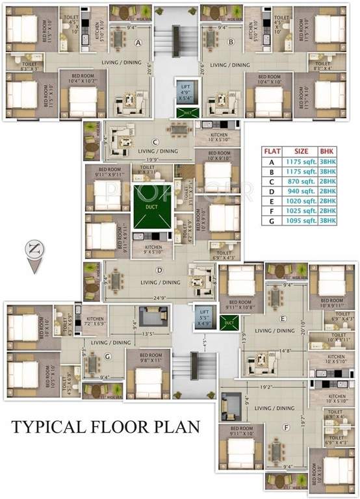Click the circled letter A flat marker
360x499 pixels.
(x=138, y=43)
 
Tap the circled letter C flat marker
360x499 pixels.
(x=155, y=142)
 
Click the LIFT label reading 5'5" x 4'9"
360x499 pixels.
(x=203, y=314)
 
